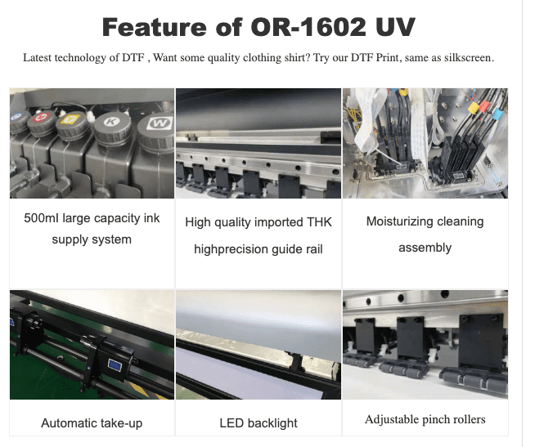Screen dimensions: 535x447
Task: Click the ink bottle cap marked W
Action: (157, 132)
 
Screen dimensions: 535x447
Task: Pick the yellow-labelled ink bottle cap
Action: (72, 125)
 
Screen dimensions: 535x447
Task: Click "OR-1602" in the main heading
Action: (308, 27)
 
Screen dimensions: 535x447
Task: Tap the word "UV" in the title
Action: (395, 27)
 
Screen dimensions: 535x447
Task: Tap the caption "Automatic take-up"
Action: (92, 423)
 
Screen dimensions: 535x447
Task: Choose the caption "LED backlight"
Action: (259, 423)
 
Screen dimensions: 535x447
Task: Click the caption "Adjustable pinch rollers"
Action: (425, 419)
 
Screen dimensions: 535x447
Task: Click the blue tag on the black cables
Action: (498, 113)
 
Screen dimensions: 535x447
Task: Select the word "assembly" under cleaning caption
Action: (425, 248)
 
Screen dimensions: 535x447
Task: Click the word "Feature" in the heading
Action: (155, 27)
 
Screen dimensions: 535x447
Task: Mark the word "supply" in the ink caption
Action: (69, 239)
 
